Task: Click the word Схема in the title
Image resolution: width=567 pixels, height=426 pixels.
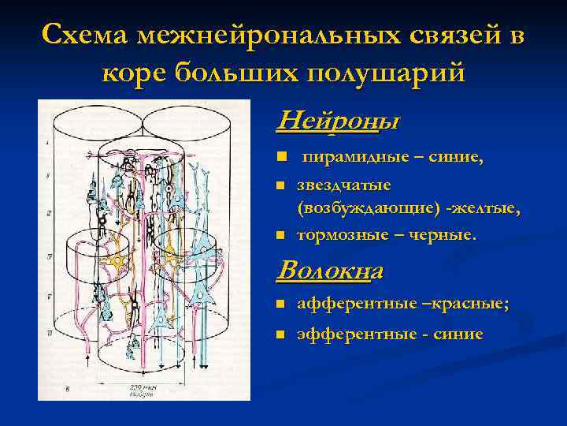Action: pyautogui.click(x=86, y=35)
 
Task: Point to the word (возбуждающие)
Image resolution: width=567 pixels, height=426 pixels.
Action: pyautogui.click(x=363, y=209)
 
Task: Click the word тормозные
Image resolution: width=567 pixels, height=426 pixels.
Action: pyautogui.click(x=339, y=234)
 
